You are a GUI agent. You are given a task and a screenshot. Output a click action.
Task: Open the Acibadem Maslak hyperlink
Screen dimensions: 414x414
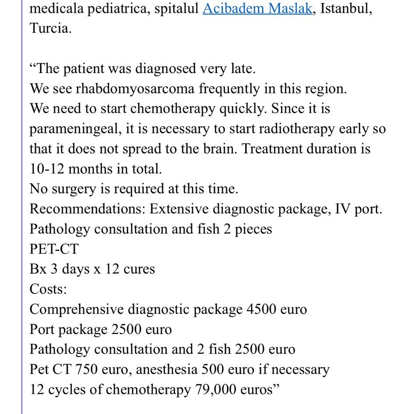point(257,8)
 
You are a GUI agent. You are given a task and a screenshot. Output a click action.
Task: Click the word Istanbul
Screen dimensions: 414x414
point(347,8)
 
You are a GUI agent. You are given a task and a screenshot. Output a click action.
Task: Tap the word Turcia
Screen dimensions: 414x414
point(50,28)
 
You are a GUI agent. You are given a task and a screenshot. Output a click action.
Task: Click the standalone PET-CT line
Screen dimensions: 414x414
point(54,249)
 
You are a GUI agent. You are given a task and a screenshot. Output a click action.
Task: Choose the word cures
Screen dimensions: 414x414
point(139,269)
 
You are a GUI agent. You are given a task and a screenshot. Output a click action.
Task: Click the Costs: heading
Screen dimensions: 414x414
point(48,289)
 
